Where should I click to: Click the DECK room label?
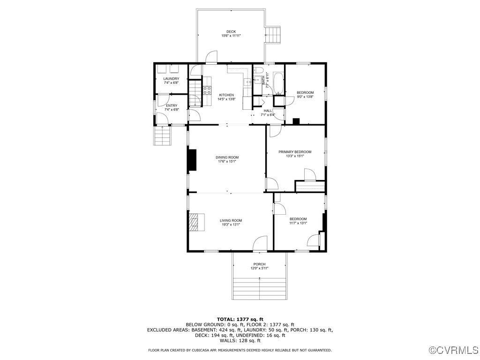pos(231,31)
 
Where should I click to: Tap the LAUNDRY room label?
pos(171,79)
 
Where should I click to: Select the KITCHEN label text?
pos(226,95)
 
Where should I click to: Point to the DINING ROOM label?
pos(227,157)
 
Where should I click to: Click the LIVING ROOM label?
pos(231,220)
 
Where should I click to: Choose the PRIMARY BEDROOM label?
pos(295,152)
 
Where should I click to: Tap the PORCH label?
pos(259,264)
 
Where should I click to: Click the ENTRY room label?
pos(172,105)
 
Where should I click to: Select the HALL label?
pos(268,111)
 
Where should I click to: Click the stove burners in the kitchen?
pos(207,90)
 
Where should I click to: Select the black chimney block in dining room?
pos(192,159)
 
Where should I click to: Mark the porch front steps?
pos(260,288)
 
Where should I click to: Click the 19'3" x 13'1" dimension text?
pos(231,225)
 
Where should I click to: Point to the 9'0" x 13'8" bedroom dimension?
pos(305,97)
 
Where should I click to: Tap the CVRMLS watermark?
pos(454,350)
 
